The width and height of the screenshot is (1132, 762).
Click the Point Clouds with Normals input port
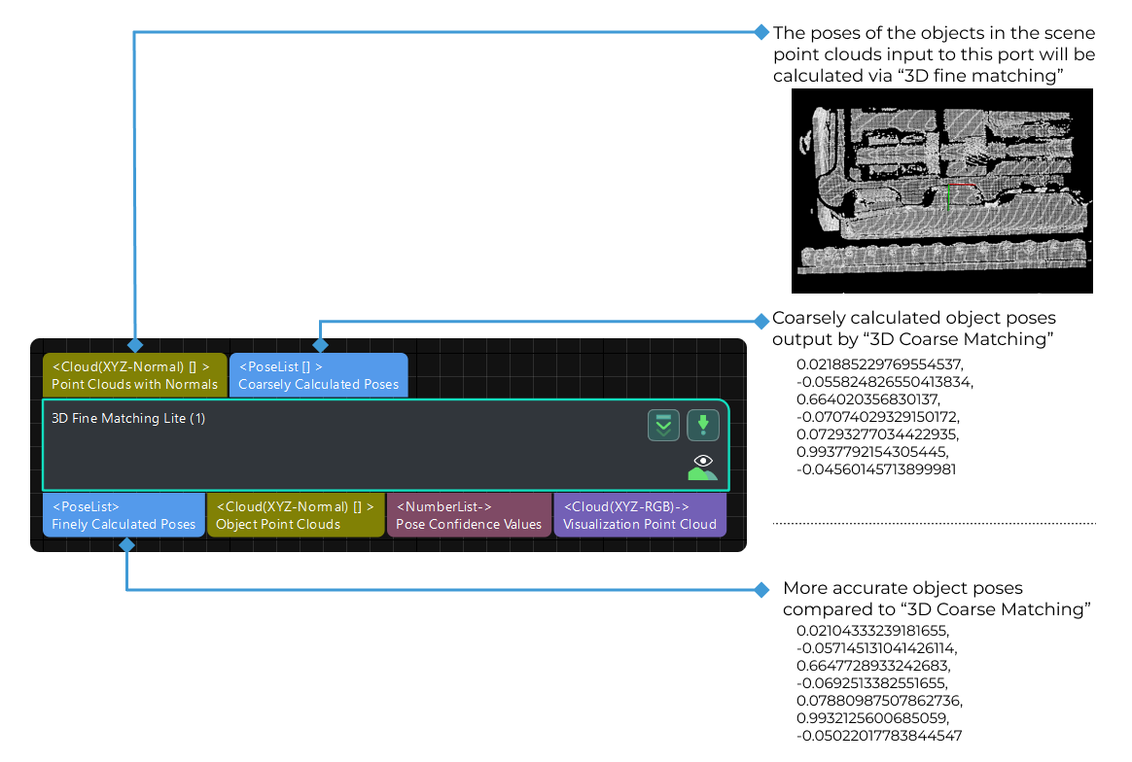[x=134, y=375]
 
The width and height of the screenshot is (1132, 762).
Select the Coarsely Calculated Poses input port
[x=318, y=375]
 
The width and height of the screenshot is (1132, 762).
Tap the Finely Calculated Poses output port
[x=124, y=515]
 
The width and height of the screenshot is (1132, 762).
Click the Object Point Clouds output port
[x=295, y=515]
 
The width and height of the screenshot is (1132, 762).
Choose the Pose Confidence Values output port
[x=469, y=515]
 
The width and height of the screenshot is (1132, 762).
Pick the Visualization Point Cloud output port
[x=639, y=515]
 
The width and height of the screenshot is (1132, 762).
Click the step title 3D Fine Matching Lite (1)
[x=128, y=418]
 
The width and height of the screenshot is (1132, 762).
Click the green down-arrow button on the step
[x=703, y=425]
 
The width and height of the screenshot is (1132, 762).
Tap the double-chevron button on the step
[x=663, y=425]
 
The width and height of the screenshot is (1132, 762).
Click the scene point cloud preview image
[x=941, y=190]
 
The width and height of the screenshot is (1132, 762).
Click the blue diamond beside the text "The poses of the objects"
[x=761, y=32]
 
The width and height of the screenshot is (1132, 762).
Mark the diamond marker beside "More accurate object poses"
[x=761, y=589]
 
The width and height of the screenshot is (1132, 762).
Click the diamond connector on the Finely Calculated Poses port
[x=126, y=545]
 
